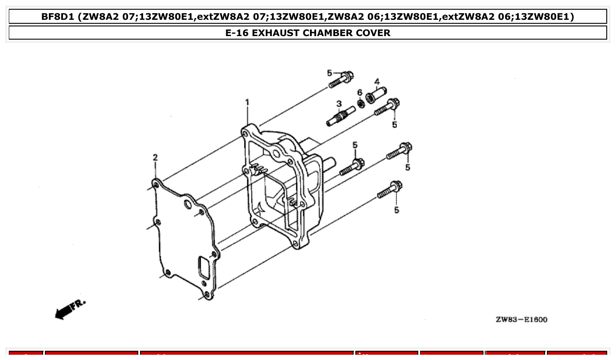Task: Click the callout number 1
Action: (247, 103)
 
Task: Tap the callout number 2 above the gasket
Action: (155, 158)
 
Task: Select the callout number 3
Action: (339, 104)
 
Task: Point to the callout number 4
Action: (377, 81)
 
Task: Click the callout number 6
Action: (360, 92)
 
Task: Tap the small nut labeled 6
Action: (361, 103)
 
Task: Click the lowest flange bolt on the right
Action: (389, 191)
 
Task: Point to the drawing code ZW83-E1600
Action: (521, 320)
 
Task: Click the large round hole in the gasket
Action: (188, 204)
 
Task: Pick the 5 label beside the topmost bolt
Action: (329, 73)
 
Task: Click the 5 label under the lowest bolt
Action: (396, 210)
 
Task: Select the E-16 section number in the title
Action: (238, 33)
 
